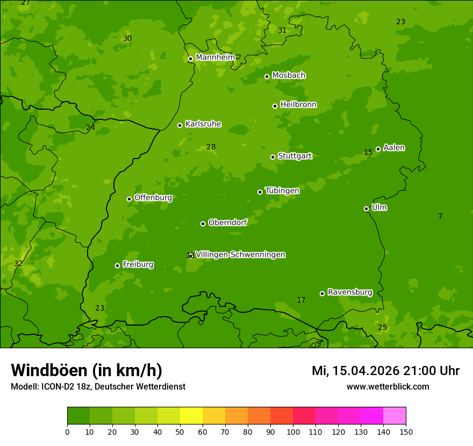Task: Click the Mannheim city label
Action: (215, 57)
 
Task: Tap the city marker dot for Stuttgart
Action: (273, 157)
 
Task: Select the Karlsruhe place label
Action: (203, 124)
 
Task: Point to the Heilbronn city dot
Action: (275, 106)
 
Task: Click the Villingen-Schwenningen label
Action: (240, 255)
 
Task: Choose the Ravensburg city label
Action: (349, 292)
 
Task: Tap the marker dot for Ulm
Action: (366, 208)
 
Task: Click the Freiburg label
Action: (138, 264)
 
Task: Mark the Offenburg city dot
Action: (129, 199)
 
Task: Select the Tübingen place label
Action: (282, 191)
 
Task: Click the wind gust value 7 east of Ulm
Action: (440, 216)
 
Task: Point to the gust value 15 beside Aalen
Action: (368, 152)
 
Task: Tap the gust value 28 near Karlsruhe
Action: (211, 147)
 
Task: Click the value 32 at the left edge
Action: (18, 263)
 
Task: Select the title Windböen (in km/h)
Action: (87, 370)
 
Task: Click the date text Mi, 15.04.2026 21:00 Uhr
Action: (385, 371)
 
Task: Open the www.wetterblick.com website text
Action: (388, 386)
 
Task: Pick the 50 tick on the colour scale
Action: (180, 431)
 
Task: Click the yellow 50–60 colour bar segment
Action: (191, 416)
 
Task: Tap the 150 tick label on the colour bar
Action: (406, 431)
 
